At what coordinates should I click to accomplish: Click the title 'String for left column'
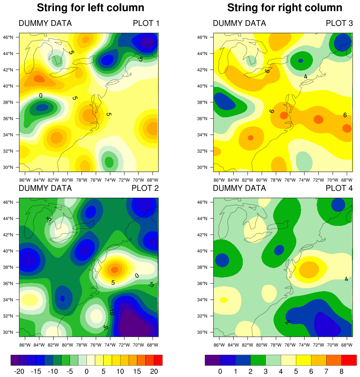(90, 8)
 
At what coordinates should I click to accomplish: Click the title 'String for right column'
(285, 8)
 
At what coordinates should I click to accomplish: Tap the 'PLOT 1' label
(146, 24)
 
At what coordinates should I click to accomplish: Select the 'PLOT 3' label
(339, 24)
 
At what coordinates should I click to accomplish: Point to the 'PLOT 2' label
(145, 188)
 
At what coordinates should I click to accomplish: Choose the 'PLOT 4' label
(339, 188)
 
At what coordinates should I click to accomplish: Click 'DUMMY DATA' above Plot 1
(45, 24)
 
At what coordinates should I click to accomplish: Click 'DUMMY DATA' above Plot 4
(239, 188)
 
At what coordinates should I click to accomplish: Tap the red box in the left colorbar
(158, 360)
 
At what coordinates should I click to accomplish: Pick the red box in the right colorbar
(349, 360)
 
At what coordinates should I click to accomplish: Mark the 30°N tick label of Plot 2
(8, 332)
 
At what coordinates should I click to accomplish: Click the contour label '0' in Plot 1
(41, 96)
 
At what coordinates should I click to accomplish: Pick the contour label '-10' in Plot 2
(112, 311)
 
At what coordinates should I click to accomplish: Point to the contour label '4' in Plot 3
(305, 76)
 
